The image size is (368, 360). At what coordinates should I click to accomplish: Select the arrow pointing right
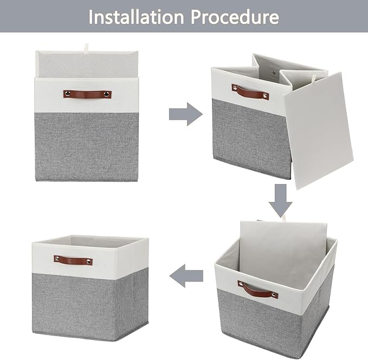(x=185, y=114)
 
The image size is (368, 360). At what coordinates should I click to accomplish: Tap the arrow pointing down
(x=280, y=199)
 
